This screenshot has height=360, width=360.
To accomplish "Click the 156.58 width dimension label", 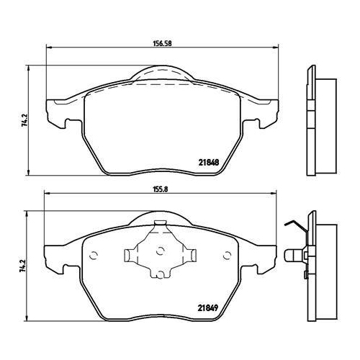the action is click(163, 44).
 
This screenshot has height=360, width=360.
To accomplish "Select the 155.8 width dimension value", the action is click(161, 189).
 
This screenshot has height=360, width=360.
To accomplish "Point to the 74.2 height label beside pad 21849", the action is click(23, 266).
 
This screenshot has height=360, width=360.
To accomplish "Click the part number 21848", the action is click(209, 163).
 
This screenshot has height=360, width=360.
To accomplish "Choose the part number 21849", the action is click(208, 308).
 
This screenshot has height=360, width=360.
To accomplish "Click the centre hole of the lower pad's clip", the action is click(160, 251).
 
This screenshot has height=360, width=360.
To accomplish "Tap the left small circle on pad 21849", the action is click(94, 256).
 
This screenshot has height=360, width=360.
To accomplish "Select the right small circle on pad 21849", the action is click(227, 256).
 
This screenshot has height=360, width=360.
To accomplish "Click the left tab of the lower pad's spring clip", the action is click(130, 256).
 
